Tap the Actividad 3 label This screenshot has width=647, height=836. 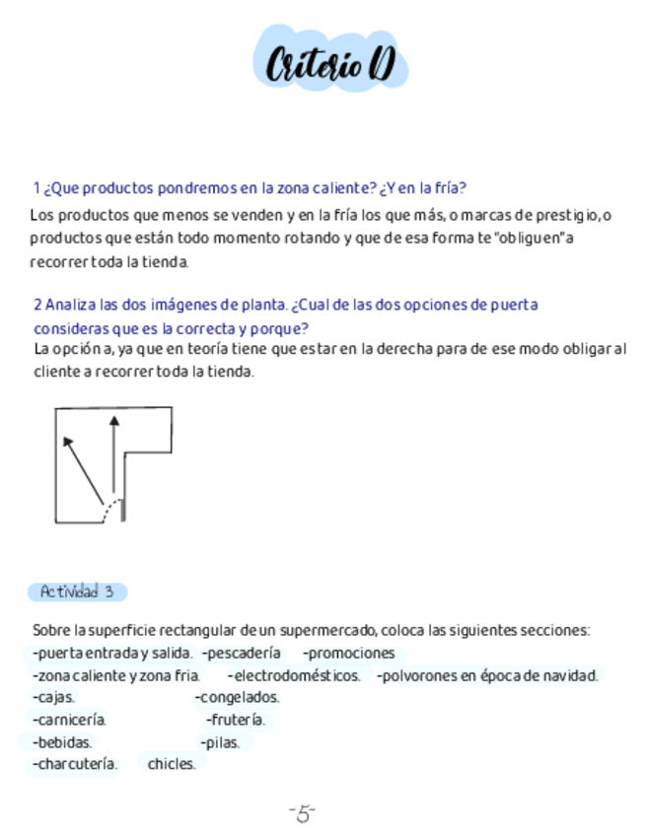click(x=77, y=592)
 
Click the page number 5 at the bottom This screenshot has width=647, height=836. click(x=303, y=813)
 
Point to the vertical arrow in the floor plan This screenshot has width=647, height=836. click(x=114, y=453)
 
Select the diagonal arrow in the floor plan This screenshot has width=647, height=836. click(x=83, y=469)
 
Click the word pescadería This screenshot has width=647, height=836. click(x=244, y=653)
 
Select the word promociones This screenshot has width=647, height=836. click(x=350, y=653)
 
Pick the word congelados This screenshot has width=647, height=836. click(x=239, y=698)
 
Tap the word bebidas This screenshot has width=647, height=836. click(x=63, y=742)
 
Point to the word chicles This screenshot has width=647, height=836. click(x=172, y=764)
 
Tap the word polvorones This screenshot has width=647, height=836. click(x=414, y=676)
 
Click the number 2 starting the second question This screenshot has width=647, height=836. click(x=37, y=305)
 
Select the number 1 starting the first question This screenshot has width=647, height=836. click(x=36, y=187)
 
